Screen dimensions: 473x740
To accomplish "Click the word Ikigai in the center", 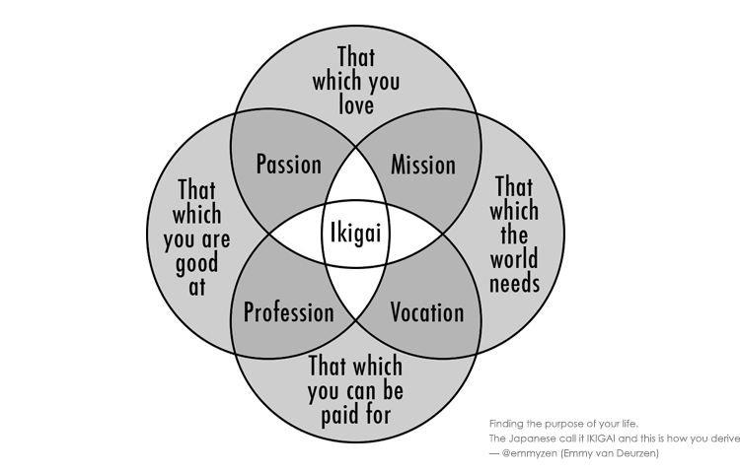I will coord(355,236).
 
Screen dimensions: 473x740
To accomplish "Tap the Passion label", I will coord(288,164).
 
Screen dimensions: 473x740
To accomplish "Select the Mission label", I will coord(423,164).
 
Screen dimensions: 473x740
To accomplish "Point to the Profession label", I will coord(288,313).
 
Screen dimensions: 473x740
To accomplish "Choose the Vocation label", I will coord(426,313).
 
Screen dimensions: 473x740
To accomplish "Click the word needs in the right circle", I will coord(516,283).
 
